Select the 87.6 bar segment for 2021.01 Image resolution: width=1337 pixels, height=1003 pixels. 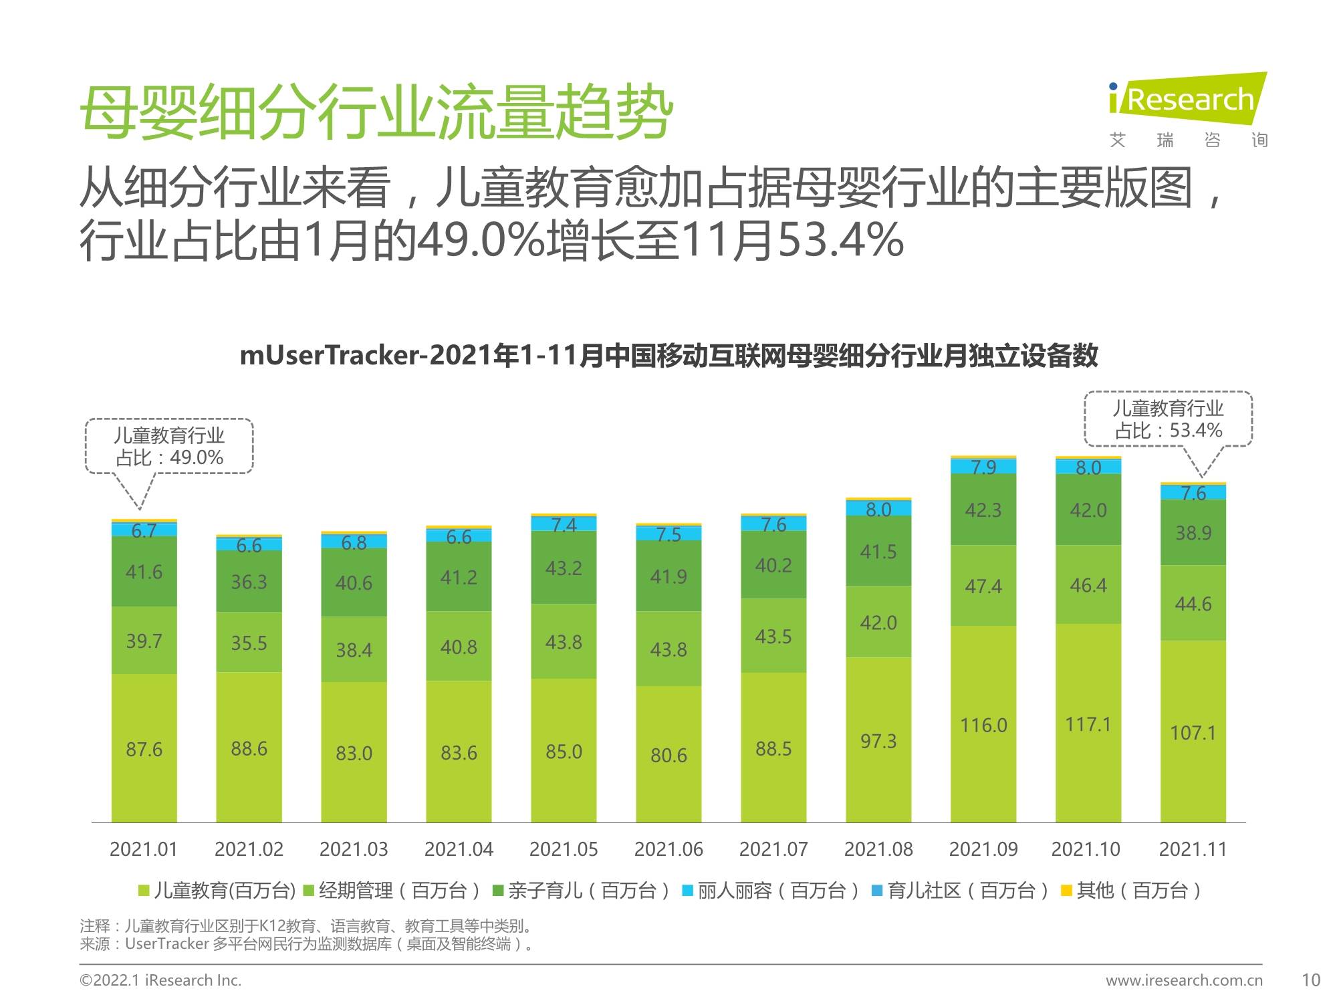pos(144,748)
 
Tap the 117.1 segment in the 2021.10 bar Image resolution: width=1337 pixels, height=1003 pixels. pos(1088,723)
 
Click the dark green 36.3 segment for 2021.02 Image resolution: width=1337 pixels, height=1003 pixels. pos(249,581)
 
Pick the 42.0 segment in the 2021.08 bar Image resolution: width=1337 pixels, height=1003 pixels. pos(878,622)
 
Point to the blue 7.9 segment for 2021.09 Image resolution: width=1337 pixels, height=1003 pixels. pos(983,466)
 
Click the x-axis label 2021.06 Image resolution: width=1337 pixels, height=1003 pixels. pos(668,849)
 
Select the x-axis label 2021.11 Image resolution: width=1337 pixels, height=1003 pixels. pos(1193,849)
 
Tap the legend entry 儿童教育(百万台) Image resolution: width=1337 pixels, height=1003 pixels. pos(217,891)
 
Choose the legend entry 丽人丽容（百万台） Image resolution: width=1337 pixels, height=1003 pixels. pos(770,891)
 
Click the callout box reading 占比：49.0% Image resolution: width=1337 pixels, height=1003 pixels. pos(169,447)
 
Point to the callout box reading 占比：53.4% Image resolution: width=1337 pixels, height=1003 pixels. pos(1167,419)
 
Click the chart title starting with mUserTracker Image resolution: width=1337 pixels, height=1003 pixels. pos(668,355)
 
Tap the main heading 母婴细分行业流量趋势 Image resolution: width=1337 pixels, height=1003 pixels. pos(376,112)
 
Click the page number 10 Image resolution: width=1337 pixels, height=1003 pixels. pos(1310,980)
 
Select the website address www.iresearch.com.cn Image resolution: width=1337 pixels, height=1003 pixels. pos(1184,980)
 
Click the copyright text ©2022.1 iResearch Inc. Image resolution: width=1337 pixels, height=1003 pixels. pos(160,980)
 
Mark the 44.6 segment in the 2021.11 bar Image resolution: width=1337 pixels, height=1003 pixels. pos(1193,603)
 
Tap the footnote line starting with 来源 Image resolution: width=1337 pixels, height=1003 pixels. pos(308,944)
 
